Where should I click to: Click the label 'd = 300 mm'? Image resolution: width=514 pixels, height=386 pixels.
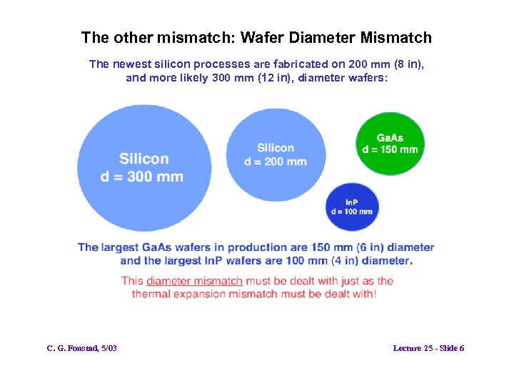(x=142, y=177)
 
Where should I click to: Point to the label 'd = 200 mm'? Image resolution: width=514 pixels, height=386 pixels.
(x=276, y=162)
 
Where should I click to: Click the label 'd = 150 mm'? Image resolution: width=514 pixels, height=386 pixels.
(x=390, y=149)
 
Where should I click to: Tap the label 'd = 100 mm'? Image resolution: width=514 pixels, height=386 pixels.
(x=352, y=212)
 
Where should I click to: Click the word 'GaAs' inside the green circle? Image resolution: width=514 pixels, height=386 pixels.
(x=390, y=138)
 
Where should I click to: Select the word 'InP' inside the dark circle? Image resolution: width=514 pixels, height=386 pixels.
(x=351, y=202)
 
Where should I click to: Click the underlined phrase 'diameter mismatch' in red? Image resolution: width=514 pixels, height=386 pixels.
(x=194, y=281)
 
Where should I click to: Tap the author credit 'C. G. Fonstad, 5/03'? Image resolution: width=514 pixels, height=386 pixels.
(x=82, y=348)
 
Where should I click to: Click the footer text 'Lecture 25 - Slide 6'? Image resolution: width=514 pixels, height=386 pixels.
(x=428, y=348)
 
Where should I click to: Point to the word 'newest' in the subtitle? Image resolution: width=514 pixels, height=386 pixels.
(x=130, y=64)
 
